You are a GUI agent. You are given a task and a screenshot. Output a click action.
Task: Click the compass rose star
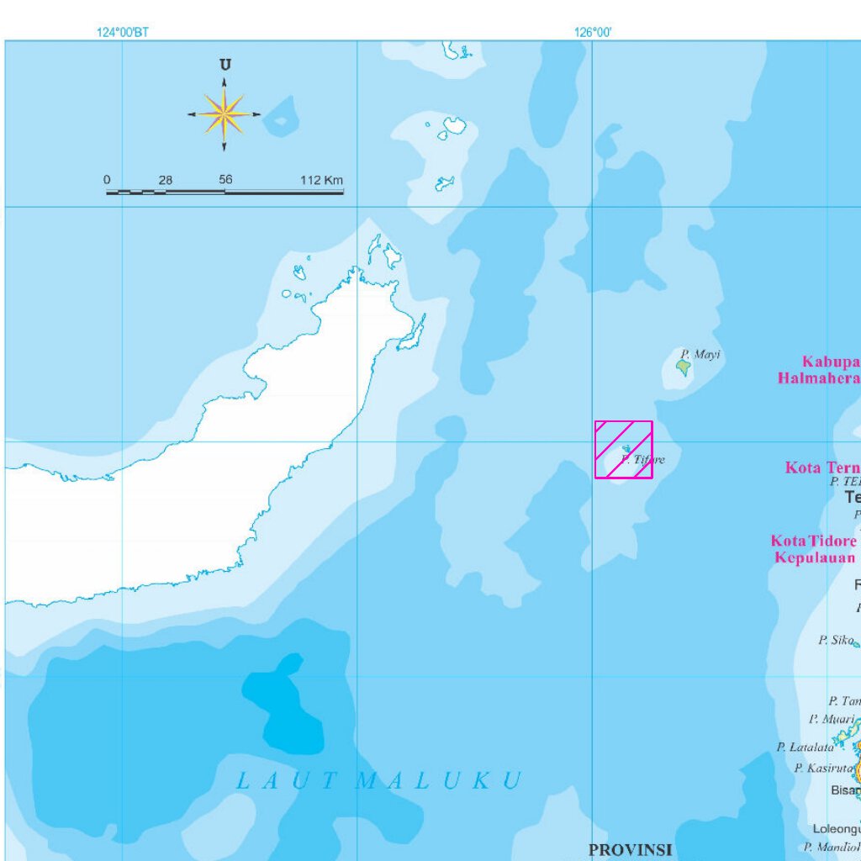(224, 114)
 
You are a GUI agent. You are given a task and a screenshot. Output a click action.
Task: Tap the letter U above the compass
(224, 65)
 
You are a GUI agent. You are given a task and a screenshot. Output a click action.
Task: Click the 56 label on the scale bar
(225, 180)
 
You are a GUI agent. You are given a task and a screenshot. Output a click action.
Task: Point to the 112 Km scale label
(322, 180)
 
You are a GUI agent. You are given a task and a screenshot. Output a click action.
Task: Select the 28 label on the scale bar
(166, 180)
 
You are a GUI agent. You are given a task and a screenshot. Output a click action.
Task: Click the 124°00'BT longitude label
(123, 33)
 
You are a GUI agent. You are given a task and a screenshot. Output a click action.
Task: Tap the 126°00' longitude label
(593, 33)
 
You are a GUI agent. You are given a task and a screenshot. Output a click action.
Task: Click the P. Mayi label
(701, 354)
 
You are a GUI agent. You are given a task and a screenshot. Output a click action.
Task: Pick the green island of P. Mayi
(684, 367)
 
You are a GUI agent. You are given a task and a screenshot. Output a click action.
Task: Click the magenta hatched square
(624, 450)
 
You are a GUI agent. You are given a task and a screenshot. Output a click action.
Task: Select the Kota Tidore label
(813, 541)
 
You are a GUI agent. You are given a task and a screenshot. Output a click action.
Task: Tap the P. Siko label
(836, 640)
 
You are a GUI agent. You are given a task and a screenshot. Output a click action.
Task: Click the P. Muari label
(832, 719)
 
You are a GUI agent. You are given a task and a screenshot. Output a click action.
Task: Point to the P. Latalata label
(806, 747)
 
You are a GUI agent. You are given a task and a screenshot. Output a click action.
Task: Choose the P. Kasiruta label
(823, 768)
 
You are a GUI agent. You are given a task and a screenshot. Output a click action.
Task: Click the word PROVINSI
(630, 850)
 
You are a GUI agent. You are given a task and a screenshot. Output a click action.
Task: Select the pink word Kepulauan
(815, 557)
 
